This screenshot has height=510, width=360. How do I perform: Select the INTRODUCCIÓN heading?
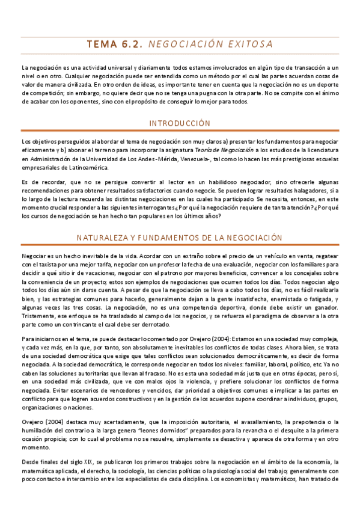pyautogui.click(x=180, y=123)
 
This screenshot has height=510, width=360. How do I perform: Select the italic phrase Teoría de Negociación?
pyautogui.click(x=230, y=150)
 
